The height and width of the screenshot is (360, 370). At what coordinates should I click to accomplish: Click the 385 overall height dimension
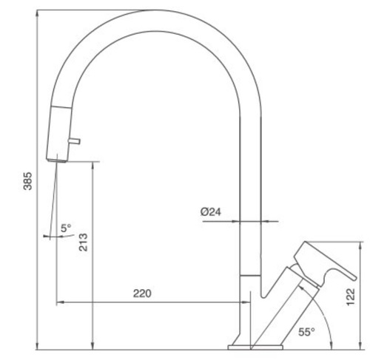point(27,181)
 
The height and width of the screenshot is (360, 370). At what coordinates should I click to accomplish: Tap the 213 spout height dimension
point(83,242)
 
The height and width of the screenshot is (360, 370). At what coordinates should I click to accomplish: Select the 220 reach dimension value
point(142,293)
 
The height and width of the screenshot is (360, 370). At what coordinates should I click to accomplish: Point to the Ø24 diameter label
point(211,211)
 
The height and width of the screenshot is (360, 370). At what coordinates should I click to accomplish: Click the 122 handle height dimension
point(351,296)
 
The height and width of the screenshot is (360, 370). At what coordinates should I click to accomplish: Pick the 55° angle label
point(306,332)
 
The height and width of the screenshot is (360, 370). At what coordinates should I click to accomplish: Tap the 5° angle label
point(66,228)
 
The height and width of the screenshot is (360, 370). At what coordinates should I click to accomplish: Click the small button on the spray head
point(74,141)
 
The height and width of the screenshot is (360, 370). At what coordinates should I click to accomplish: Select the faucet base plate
point(255,347)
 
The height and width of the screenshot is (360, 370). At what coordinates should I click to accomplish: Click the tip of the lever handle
point(355,278)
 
